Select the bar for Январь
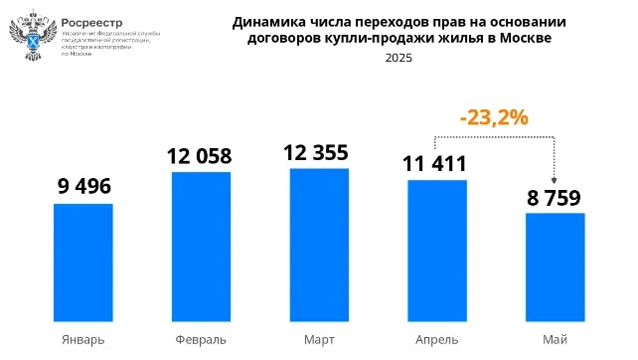tap(82, 262)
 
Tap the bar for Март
tap(319, 244)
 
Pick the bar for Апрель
tap(436, 250)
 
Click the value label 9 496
tap(82, 187)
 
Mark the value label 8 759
tap(554, 197)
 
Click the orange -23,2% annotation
tap(493, 117)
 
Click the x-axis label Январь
tap(82, 339)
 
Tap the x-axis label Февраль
tap(201, 339)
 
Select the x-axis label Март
tap(319, 339)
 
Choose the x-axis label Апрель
tap(436, 339)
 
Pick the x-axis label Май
tap(555, 339)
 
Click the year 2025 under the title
tap(398, 58)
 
